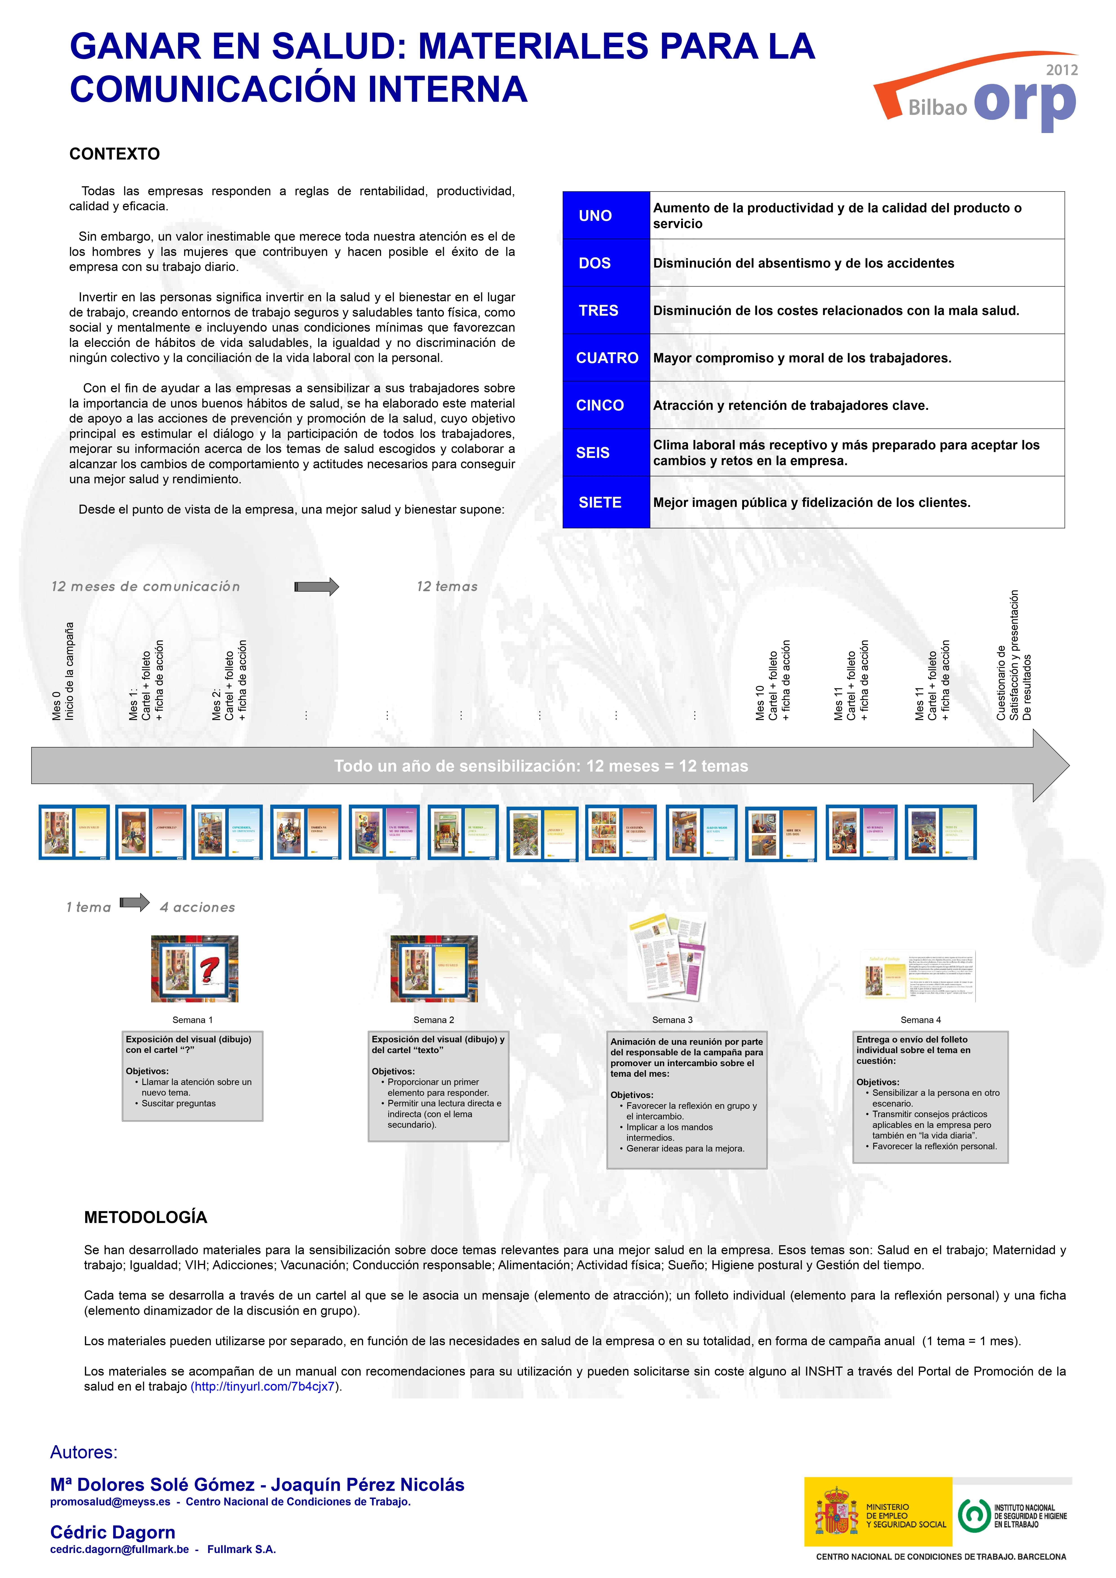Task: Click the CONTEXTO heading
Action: coord(114,154)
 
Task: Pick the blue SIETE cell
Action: coord(605,502)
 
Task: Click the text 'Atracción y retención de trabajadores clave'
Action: coord(790,406)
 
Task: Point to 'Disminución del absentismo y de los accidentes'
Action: coord(803,263)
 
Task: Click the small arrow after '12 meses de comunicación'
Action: coord(317,586)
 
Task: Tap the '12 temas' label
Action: coord(447,586)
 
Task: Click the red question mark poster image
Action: coord(195,968)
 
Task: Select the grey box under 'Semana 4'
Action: coord(930,1096)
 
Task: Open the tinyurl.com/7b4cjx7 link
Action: coord(265,1386)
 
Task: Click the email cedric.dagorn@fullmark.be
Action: coord(120,1549)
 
